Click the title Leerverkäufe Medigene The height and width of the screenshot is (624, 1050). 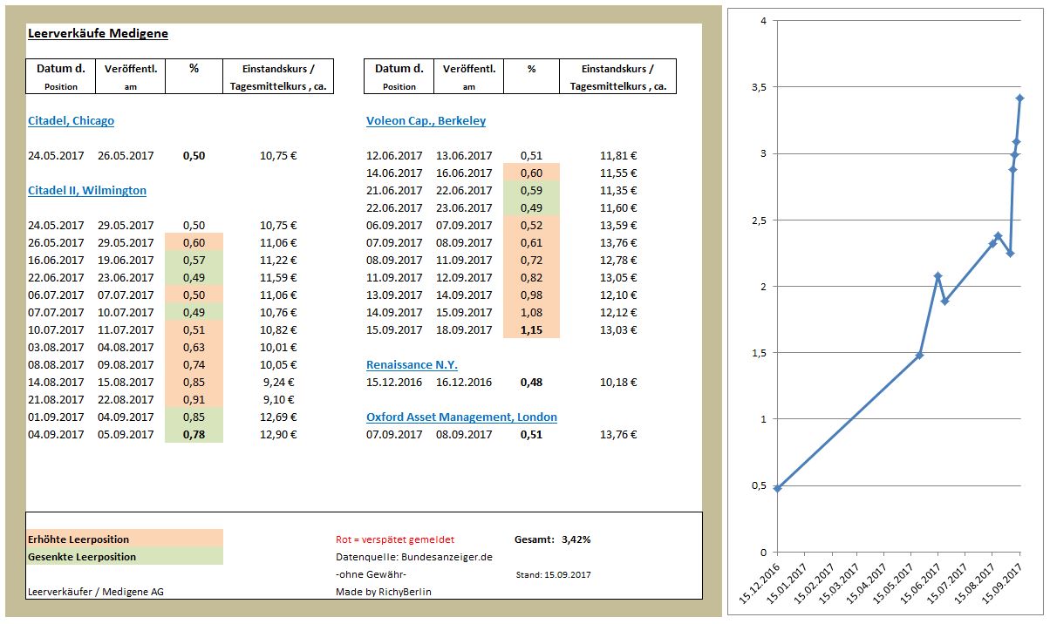point(98,34)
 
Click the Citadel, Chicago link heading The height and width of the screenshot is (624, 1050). point(71,121)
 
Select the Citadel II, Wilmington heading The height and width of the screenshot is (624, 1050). point(87,191)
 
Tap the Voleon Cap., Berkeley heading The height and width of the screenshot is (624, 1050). point(426,121)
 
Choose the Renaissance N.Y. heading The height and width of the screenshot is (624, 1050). point(412,365)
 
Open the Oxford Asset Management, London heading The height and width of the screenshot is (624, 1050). point(461,417)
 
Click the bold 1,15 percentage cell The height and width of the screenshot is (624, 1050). point(531,330)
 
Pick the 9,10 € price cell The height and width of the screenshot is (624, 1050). point(279,400)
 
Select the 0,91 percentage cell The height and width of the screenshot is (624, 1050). point(194,400)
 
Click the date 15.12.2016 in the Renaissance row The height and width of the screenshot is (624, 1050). point(394,383)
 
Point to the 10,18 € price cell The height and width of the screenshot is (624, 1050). point(618,383)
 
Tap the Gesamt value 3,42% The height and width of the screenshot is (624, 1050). point(576,539)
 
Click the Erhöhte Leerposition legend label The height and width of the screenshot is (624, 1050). point(78,540)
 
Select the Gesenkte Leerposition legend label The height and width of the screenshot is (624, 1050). point(82,557)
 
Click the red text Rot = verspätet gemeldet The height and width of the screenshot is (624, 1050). point(395,540)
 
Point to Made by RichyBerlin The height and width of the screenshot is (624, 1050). point(383,592)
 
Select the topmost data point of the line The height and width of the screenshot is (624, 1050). point(1019,98)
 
